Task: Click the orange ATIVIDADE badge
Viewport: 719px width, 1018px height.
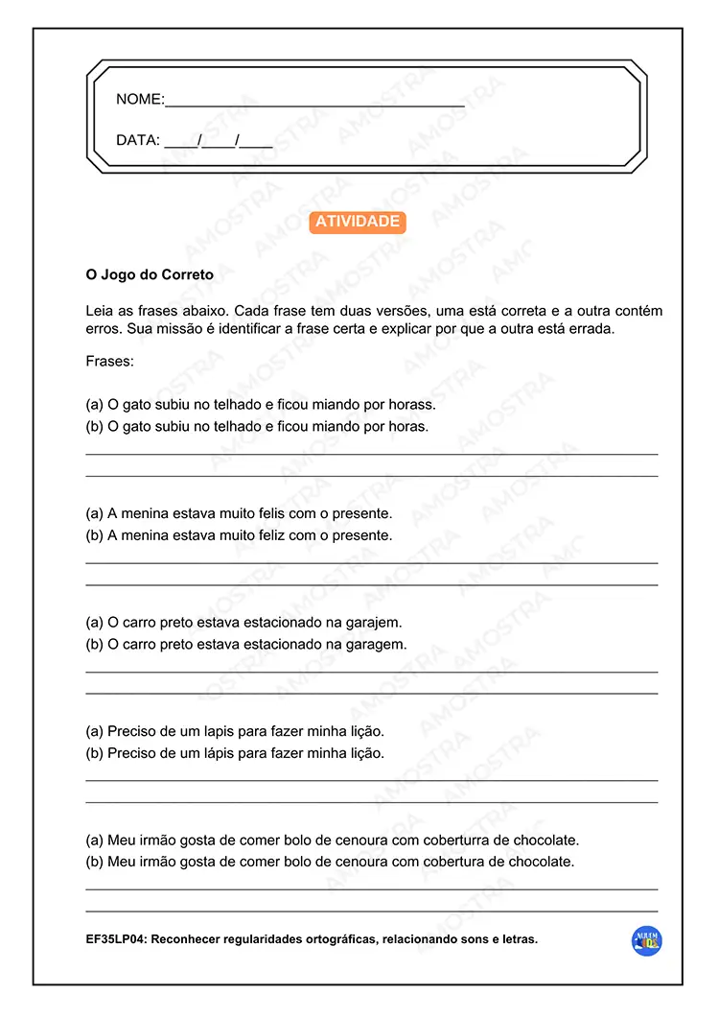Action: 358,222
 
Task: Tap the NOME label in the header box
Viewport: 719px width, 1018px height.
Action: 138,100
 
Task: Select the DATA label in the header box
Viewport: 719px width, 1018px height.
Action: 136,140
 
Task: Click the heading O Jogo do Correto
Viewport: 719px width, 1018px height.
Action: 150,274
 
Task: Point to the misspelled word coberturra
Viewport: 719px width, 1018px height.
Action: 456,840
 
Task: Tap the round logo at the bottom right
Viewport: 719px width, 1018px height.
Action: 648,941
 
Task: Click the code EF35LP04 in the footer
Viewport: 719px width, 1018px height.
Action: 116,939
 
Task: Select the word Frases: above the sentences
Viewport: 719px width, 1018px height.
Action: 109,362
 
